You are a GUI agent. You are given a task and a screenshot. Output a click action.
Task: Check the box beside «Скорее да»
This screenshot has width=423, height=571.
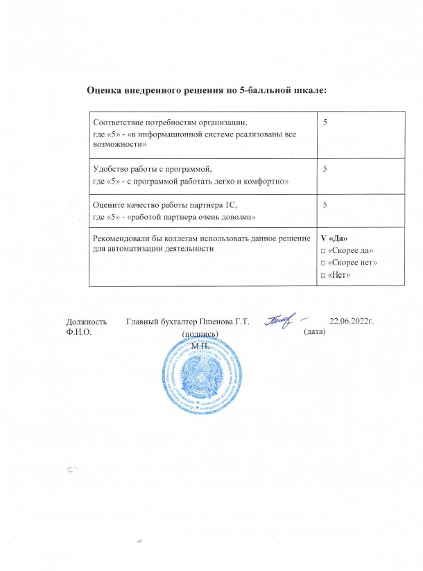point(322,250)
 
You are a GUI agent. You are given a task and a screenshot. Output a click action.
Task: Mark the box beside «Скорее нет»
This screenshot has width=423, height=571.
point(322,263)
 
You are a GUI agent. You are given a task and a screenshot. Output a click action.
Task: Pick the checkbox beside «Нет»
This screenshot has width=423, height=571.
point(322,275)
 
